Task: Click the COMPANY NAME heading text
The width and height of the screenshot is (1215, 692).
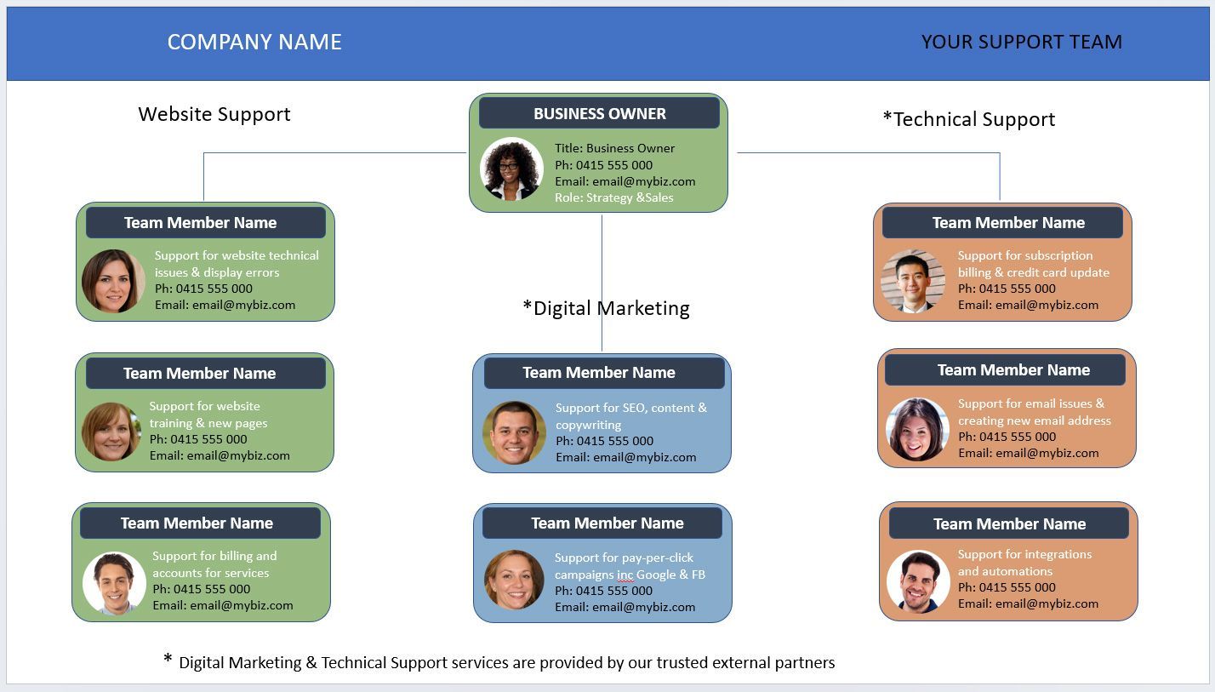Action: pos(254,42)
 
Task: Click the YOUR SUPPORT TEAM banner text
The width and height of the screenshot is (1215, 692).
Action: pos(1021,42)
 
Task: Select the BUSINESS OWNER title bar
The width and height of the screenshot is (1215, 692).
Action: pos(599,113)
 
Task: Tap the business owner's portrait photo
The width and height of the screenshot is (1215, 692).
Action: pos(511,169)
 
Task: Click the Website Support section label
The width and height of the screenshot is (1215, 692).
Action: pos(214,114)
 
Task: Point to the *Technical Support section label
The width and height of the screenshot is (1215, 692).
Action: pos(969,119)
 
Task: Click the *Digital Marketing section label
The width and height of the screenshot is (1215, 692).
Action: pos(606,308)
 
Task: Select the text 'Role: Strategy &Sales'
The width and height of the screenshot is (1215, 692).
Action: pos(613,197)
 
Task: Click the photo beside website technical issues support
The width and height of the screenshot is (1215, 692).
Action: pos(113,281)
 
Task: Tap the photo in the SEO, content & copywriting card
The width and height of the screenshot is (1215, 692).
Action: pos(514,432)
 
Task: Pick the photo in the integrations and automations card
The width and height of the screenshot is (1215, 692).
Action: pos(918,582)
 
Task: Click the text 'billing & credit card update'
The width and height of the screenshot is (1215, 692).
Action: pos(1033,272)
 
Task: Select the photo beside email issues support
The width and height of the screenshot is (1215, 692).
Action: pos(917,429)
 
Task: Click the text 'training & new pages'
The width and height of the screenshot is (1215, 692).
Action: pos(208,423)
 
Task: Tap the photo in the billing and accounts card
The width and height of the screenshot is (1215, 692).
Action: pos(114,583)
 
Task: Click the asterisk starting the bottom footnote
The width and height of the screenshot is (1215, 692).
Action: pos(168,660)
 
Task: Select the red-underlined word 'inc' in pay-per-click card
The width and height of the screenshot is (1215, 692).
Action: pos(625,575)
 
